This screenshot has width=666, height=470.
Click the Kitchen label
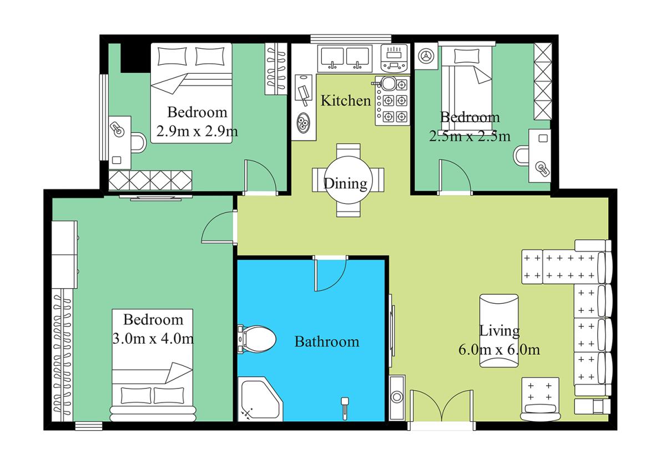[346, 101]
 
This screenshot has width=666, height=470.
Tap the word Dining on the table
[345, 184]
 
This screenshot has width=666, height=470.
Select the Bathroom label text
[327, 342]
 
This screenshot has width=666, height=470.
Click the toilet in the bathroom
[256, 339]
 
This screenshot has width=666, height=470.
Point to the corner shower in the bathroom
[260, 400]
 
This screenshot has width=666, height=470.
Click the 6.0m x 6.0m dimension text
[499, 350]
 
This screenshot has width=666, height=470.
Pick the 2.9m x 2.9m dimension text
[197, 131]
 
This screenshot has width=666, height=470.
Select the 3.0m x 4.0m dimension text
[153, 339]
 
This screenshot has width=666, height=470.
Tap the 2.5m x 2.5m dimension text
[470, 136]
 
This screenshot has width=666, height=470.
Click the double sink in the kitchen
[345, 59]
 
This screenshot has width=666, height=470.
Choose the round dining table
[348, 180]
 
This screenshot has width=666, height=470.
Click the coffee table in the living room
[499, 331]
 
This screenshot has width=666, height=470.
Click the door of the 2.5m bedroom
[455, 177]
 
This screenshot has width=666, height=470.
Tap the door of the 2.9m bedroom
[260, 177]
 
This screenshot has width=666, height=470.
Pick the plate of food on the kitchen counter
[303, 123]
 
